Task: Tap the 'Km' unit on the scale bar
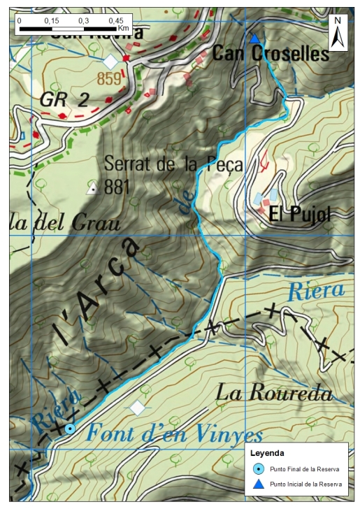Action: click(123, 29)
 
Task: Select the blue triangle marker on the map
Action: click(254, 38)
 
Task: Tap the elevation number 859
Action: click(109, 79)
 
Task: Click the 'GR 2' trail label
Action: click(64, 100)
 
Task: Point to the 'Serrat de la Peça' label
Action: click(173, 165)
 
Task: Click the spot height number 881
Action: click(117, 187)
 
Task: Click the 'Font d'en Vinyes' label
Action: click(174, 435)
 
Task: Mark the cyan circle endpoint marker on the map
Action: click(69, 429)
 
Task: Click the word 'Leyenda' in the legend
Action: click(267, 453)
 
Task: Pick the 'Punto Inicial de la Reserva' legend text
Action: click(305, 484)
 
